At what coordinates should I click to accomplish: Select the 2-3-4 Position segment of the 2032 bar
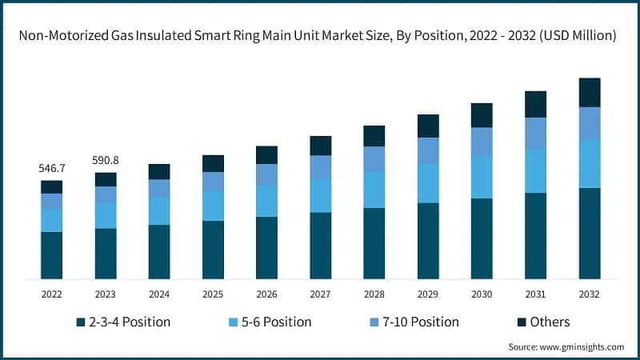click(x=590, y=233)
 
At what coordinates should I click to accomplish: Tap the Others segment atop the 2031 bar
click(x=535, y=104)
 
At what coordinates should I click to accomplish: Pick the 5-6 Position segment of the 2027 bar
click(x=320, y=195)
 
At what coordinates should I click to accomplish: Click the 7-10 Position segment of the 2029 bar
click(x=428, y=150)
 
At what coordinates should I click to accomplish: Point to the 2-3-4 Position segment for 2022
click(x=51, y=255)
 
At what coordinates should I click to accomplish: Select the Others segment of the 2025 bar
click(x=213, y=163)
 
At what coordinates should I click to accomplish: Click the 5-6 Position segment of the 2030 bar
click(x=482, y=177)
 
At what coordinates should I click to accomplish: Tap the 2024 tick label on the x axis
click(x=159, y=294)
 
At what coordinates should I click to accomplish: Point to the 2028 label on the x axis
click(x=374, y=294)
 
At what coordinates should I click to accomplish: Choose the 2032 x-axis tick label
click(x=590, y=294)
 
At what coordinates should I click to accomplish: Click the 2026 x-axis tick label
click(x=266, y=294)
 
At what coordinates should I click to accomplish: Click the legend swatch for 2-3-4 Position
click(x=80, y=322)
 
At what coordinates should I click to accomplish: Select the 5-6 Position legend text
click(x=276, y=322)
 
